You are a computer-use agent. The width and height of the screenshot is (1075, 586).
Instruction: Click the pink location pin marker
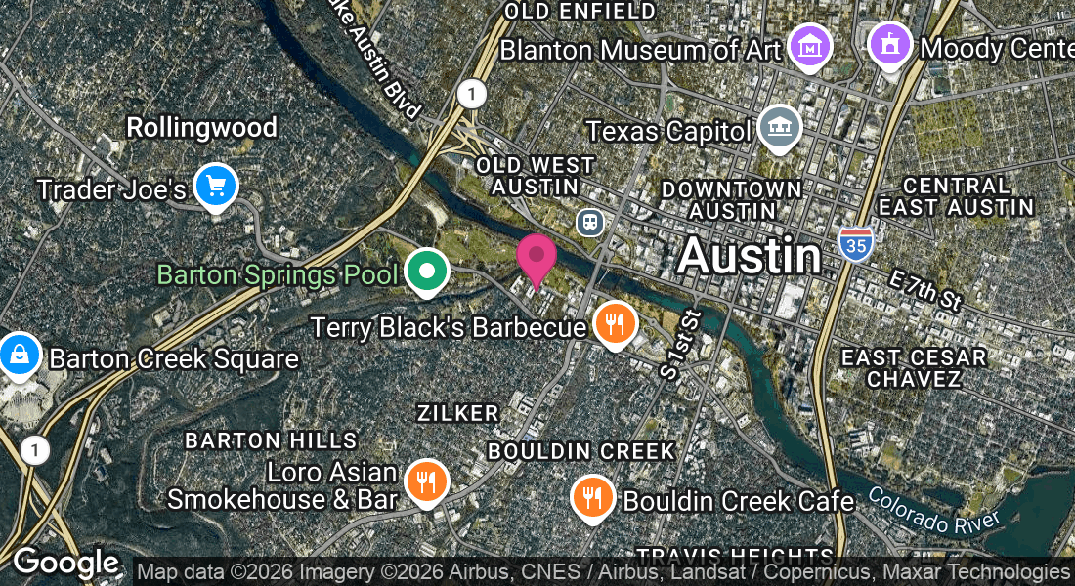pos(536,258)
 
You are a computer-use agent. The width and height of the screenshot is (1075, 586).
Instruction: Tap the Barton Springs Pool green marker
pos(426,272)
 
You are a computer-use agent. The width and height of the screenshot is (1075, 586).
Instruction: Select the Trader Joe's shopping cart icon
pos(216,186)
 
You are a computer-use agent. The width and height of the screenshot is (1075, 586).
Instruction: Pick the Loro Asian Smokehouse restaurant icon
pos(426,481)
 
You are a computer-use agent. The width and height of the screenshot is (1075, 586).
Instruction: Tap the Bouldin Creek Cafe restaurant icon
pos(591,497)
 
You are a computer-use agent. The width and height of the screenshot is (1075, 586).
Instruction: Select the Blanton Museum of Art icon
pos(810,46)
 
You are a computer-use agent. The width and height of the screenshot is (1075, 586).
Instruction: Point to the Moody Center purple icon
pos(889,44)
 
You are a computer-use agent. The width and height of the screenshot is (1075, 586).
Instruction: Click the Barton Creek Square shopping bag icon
pos(19,355)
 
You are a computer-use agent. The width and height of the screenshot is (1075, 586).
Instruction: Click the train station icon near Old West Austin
pos(589,222)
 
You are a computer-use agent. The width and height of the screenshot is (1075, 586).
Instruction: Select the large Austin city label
pos(749,257)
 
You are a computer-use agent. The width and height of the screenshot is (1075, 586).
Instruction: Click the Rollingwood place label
pos(201,127)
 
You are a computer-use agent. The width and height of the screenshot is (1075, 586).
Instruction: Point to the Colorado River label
pos(933,509)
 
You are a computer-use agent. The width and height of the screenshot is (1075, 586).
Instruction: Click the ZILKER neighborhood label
pos(457,413)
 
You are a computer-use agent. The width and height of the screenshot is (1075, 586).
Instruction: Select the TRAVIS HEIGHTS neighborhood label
pos(749,554)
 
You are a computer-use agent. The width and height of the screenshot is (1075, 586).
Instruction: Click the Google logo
pos(65,564)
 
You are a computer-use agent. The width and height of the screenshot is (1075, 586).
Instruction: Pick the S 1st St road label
pos(681,345)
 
